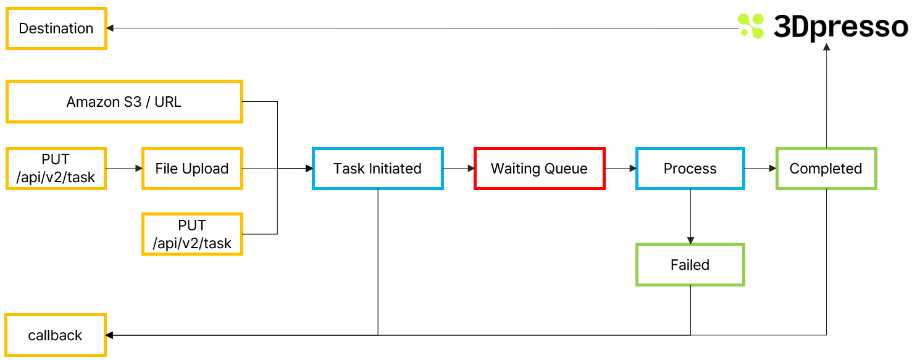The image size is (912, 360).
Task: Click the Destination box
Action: click(56, 28)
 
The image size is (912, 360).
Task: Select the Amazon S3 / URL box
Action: click(123, 102)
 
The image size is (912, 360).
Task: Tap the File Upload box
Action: click(192, 169)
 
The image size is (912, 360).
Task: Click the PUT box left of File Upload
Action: click(56, 169)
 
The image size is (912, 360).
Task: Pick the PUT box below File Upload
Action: click(192, 234)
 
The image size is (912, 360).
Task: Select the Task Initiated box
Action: click(377, 169)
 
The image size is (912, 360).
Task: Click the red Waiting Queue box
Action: click(539, 169)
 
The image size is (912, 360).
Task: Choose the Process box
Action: click(690, 169)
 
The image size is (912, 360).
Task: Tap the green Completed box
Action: click(826, 169)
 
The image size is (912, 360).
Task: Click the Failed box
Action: click(690, 265)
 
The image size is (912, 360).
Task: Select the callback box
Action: click(56, 335)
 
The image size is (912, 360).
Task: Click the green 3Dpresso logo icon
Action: click(751, 27)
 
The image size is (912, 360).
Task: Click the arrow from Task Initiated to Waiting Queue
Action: click(458, 168)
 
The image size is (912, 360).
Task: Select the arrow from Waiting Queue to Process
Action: click(620, 168)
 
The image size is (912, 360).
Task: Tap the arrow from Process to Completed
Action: click(759, 168)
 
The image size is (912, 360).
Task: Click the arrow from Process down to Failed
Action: click(690, 216)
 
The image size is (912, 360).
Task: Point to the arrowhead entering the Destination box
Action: click(110, 28)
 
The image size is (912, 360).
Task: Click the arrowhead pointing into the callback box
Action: click(110, 335)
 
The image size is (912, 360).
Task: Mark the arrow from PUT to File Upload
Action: click(123, 168)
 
